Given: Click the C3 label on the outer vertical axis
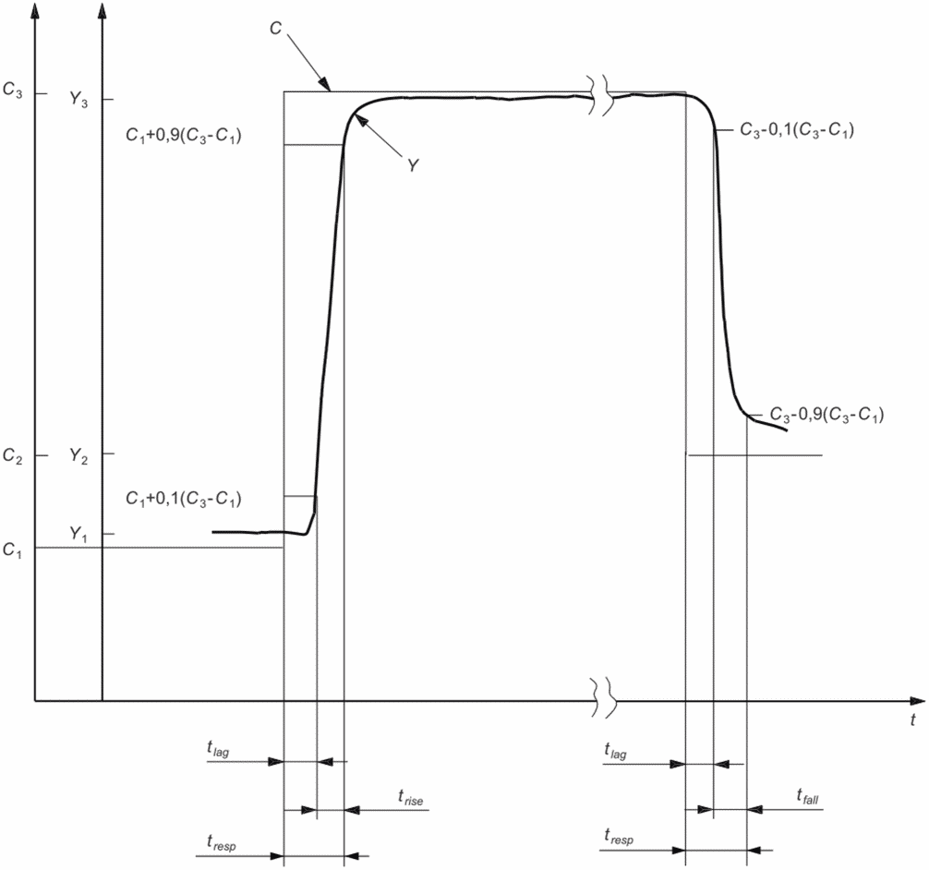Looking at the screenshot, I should (14, 91).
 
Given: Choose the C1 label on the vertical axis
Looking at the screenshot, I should (13, 550).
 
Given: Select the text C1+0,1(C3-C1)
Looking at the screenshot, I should (183, 499).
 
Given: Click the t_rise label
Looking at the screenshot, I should (410, 800).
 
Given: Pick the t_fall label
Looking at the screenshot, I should (809, 795).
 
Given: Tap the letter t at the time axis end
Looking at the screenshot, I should (912, 719).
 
